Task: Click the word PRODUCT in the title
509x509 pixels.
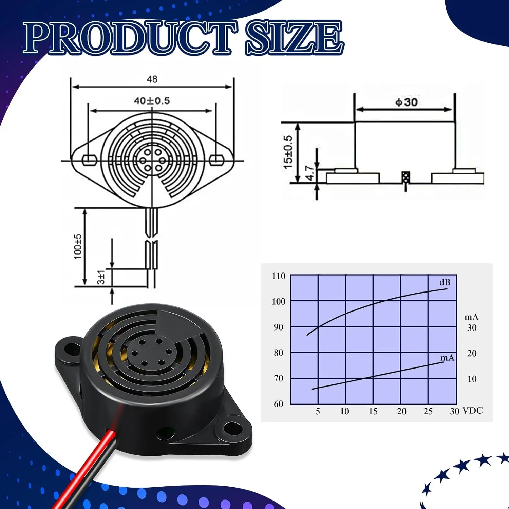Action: point(131,38)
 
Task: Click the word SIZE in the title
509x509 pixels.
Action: point(294,38)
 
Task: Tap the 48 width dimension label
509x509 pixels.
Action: point(152,79)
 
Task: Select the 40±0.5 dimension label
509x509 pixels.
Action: point(152,101)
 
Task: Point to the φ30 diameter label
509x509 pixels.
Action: point(407,102)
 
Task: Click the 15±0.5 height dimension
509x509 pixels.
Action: point(288,152)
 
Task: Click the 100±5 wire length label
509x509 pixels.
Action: point(78,247)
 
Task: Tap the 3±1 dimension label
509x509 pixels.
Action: point(101,277)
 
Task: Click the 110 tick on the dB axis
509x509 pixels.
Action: point(278,276)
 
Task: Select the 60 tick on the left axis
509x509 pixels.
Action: point(278,404)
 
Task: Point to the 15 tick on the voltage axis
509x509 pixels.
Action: point(373,411)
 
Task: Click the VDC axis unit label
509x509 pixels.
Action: point(473,411)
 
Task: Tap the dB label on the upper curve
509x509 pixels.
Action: point(445,282)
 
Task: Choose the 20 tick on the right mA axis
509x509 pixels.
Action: point(472,353)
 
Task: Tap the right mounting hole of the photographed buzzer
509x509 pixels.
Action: point(233,428)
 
